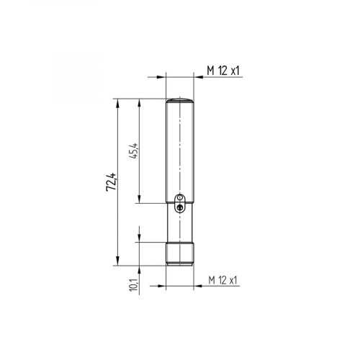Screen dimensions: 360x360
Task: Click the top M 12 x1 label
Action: [222, 70]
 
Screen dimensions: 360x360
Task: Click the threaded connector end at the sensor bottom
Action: [181, 253]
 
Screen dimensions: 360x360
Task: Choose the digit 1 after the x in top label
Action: [238, 70]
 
